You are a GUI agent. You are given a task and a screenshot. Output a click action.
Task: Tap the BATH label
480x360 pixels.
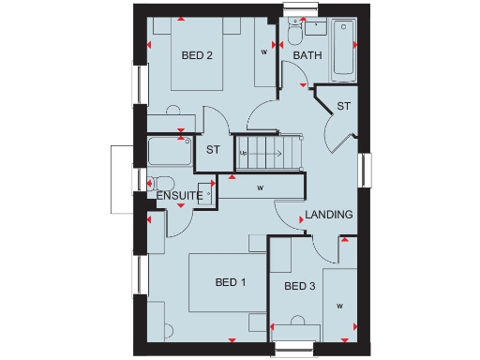[307, 56]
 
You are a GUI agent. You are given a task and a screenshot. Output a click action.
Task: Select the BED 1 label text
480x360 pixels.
[231, 282]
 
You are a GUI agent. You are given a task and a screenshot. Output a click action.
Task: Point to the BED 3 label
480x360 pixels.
[300, 286]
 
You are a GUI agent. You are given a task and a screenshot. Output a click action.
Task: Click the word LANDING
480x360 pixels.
[330, 215]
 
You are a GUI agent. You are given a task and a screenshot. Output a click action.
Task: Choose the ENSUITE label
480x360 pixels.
[179, 195]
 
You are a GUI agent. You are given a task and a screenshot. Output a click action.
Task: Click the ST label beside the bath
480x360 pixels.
[343, 106]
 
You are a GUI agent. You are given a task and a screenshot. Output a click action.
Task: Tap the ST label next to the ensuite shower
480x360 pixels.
[213, 149]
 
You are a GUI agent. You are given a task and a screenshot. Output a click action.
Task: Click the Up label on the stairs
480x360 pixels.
[243, 153]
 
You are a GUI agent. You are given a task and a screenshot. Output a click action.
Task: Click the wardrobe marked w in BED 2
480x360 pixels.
[263, 53]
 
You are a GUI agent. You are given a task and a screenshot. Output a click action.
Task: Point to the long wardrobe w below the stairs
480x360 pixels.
[259, 188]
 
